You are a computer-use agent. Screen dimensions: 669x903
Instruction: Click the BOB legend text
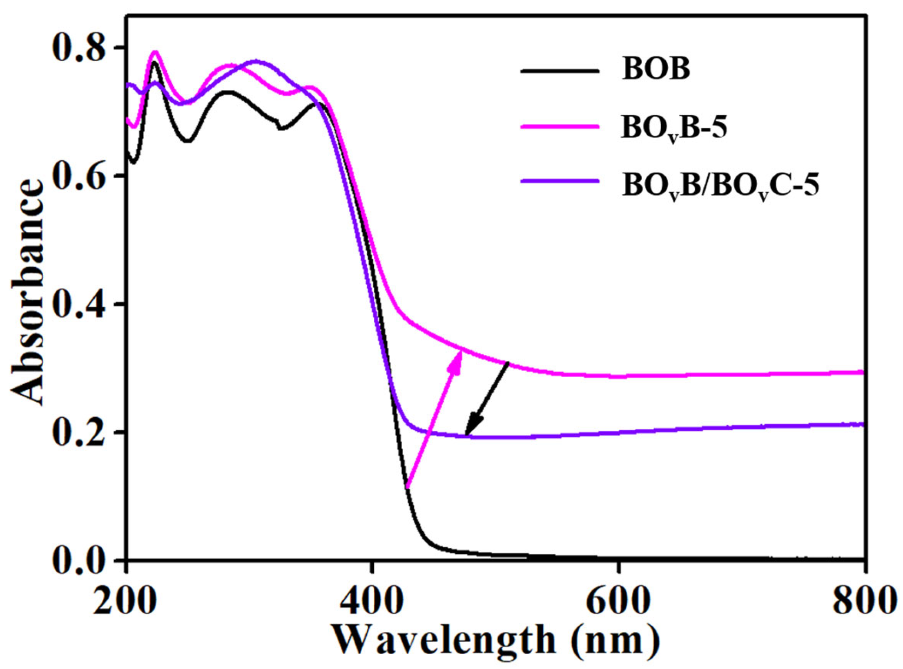tap(655, 70)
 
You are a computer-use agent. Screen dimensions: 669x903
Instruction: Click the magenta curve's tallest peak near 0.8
tap(154, 52)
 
